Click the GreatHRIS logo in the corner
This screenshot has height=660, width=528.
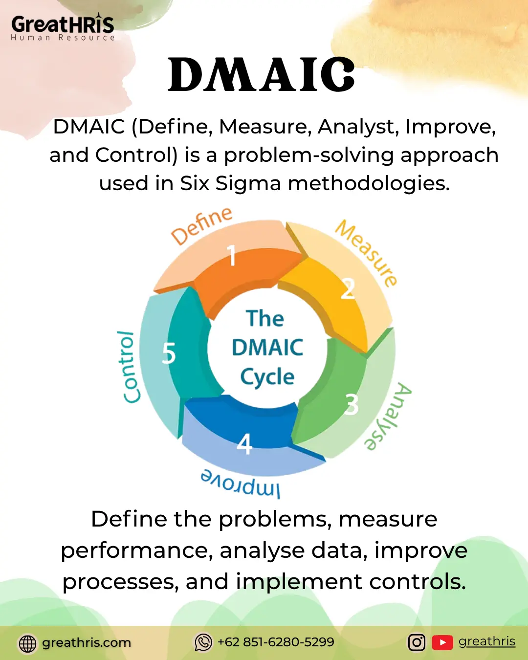point(63,27)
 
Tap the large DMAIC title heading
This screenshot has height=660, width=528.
point(262,74)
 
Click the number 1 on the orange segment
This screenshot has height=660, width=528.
point(232,255)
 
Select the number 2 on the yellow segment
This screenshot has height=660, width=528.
point(348,288)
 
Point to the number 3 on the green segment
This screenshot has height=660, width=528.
point(352,404)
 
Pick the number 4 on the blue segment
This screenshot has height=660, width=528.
point(244,443)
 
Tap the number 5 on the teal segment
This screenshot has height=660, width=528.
point(169,353)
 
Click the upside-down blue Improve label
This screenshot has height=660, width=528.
point(240,484)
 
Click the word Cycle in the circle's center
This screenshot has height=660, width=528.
point(267,377)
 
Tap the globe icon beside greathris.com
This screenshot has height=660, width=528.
point(27,643)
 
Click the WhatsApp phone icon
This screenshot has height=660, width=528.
point(203,642)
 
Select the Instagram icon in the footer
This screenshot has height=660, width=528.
point(417,642)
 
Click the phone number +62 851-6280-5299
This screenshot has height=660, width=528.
point(276,641)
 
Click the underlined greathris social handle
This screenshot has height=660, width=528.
point(487,641)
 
